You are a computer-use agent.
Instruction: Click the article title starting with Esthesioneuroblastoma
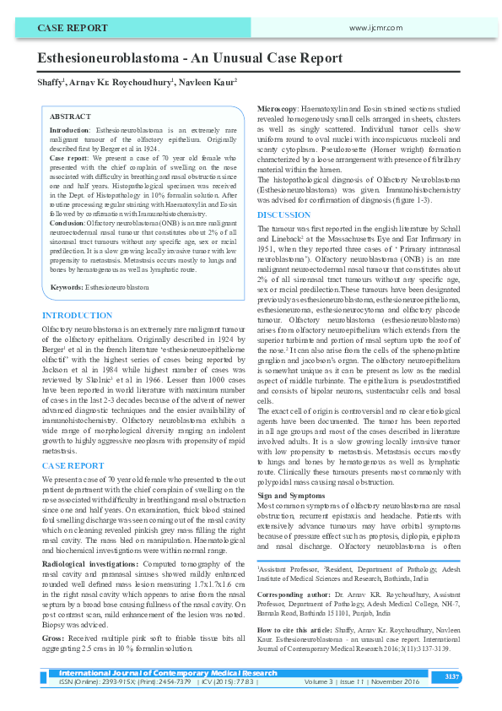[190, 58]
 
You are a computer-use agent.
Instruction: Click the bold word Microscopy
[276, 109]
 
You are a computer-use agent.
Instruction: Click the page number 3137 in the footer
[452, 676]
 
